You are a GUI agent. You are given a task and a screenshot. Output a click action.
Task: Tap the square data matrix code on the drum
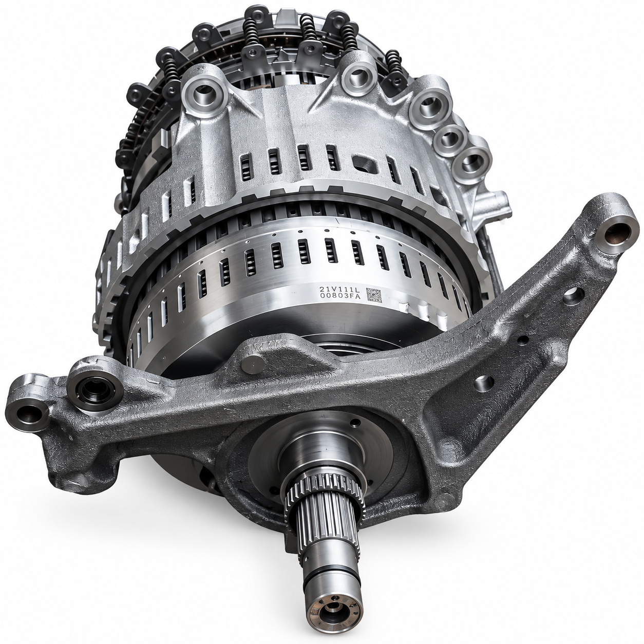pos(374,295)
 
